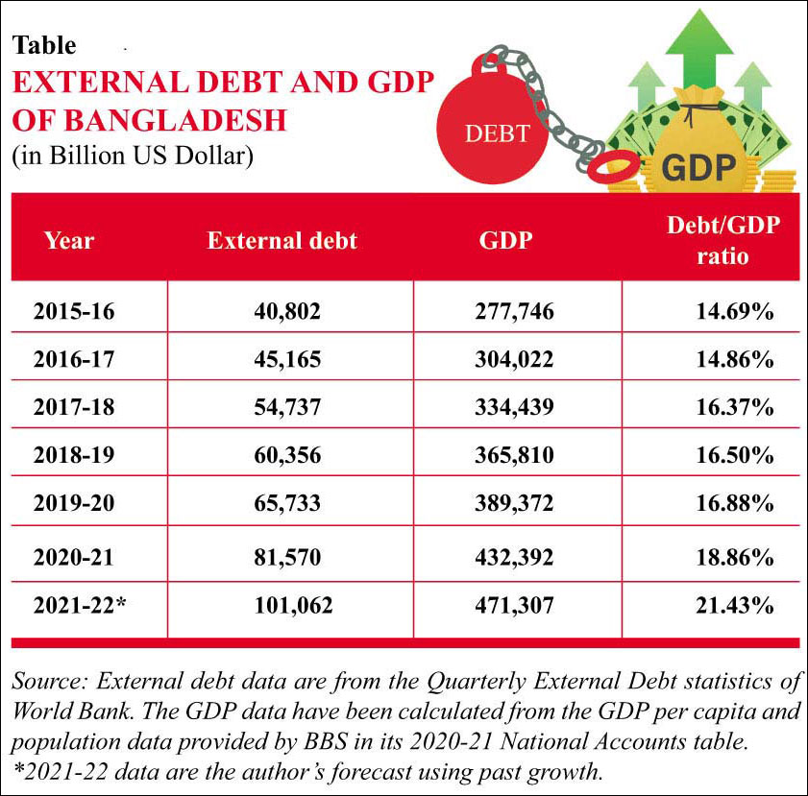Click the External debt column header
click(282, 240)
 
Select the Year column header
click(69, 240)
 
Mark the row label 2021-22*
click(80, 605)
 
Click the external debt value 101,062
click(282, 605)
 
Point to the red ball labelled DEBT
click(494, 131)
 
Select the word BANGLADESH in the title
click(150, 121)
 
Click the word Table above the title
click(44, 45)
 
